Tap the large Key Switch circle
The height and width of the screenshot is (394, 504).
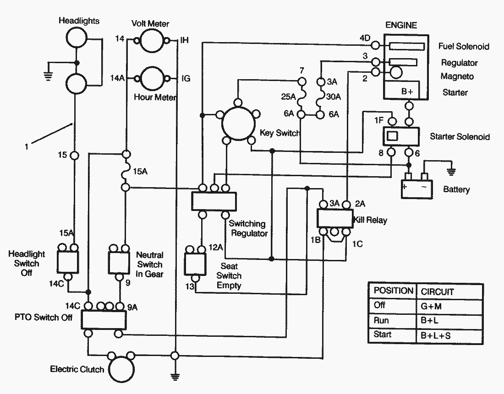point(238,123)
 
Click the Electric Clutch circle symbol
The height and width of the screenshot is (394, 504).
point(122,369)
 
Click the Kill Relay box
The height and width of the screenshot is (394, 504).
point(335,217)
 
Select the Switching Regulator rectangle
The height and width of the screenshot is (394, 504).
point(214,202)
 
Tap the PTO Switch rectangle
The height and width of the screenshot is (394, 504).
point(104,319)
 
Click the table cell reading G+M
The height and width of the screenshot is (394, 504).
point(431,306)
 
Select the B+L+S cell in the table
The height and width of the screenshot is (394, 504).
point(436,335)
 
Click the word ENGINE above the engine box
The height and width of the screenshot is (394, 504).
point(401,25)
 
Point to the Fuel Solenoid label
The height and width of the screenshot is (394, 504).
point(464,47)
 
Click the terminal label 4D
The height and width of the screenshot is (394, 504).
point(365,38)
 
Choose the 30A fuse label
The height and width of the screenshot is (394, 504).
point(334,97)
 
